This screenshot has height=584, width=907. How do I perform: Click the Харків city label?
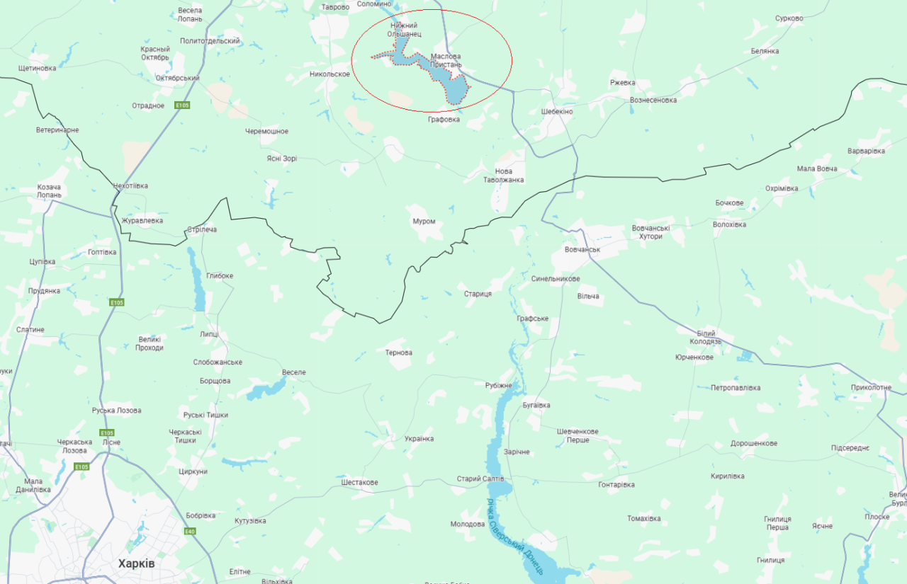point(136,563)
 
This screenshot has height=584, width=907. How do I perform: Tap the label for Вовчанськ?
point(582,250)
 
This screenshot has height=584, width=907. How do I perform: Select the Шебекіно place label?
point(556,112)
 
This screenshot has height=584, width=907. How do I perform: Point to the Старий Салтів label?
point(480,479)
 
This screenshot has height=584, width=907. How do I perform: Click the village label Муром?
point(424,222)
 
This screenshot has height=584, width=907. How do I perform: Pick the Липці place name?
point(209,334)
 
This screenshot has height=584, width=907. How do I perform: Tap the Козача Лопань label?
point(50,191)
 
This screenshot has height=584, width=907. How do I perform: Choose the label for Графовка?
point(444,120)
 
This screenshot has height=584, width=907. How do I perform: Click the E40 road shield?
point(190,532)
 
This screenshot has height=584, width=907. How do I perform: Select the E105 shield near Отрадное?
point(183,105)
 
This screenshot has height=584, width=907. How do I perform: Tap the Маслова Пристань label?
point(446,60)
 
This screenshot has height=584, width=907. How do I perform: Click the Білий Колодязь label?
point(705,338)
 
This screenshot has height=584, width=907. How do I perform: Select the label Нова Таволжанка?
point(503,176)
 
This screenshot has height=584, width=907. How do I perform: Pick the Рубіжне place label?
point(498,385)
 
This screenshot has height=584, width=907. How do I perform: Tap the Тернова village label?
point(398,353)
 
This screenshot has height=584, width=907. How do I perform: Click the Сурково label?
point(789,18)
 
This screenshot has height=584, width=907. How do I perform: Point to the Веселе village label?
point(293,372)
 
